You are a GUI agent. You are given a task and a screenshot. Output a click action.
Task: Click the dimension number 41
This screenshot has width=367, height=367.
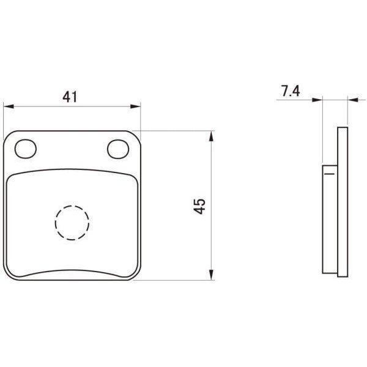[x=70, y=97]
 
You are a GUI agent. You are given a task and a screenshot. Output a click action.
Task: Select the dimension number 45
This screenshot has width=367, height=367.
[x=199, y=206]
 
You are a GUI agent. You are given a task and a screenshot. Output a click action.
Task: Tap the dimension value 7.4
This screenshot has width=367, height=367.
[x=291, y=91]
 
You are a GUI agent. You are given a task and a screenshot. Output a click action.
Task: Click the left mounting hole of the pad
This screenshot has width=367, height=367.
[x=26, y=149]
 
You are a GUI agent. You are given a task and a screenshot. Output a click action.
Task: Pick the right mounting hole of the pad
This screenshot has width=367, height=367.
[x=118, y=149]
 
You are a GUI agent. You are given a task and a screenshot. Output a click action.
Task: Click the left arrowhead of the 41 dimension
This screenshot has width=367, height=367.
[x=9, y=106]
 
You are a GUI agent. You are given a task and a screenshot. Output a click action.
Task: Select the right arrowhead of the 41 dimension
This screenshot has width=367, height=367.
[x=135, y=106]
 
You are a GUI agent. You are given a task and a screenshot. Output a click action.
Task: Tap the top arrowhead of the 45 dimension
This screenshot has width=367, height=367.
[x=212, y=136]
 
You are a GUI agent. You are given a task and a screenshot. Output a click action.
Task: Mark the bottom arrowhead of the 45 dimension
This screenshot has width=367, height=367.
[x=212, y=275]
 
